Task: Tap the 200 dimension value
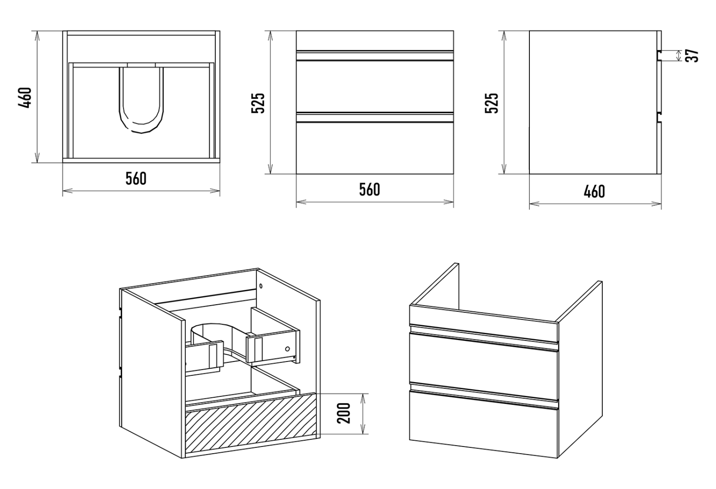344,414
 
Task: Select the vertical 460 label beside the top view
26,97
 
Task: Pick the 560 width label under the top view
136,179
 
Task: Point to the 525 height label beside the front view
258,103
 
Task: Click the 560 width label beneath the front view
370,190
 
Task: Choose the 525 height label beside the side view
491,103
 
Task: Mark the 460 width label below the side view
594,191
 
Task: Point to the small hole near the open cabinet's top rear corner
261,286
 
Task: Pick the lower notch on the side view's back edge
659,118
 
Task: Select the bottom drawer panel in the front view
375,148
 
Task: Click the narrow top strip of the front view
375,40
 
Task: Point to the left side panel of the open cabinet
152,372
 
